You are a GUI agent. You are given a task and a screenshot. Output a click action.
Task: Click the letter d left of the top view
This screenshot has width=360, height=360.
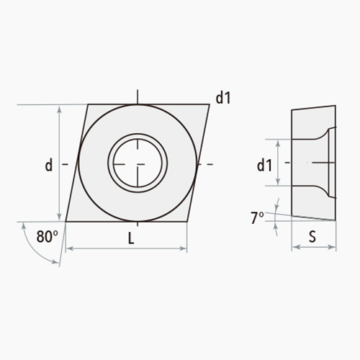[x=48, y=165]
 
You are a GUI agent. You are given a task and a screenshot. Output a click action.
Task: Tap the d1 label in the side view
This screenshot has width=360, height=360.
[x=264, y=165]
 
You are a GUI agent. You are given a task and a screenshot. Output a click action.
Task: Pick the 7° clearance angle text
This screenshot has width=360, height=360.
[x=257, y=218]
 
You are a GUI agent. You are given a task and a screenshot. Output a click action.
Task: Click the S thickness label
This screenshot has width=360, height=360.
[x=313, y=236]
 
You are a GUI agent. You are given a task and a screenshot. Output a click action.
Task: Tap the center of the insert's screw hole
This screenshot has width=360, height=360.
[x=138, y=163]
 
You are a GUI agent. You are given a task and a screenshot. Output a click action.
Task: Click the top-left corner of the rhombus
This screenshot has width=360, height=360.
[x=89, y=105]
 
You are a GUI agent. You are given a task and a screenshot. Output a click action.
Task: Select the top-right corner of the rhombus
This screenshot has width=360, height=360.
[x=210, y=105]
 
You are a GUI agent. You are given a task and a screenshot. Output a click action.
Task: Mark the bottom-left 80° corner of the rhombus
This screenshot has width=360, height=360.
[x=66, y=220]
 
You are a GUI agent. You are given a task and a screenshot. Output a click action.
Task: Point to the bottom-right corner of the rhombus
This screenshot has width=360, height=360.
[x=186, y=220]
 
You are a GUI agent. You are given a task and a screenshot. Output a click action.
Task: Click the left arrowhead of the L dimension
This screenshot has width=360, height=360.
[x=68, y=250]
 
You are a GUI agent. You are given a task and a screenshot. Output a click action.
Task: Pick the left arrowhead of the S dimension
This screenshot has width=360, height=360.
[x=294, y=248]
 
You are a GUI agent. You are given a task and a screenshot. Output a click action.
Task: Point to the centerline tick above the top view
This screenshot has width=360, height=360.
[x=138, y=96]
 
